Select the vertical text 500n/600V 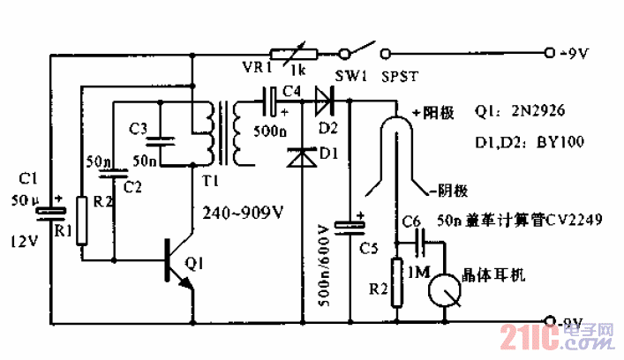pyautogui.click(x=322, y=261)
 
